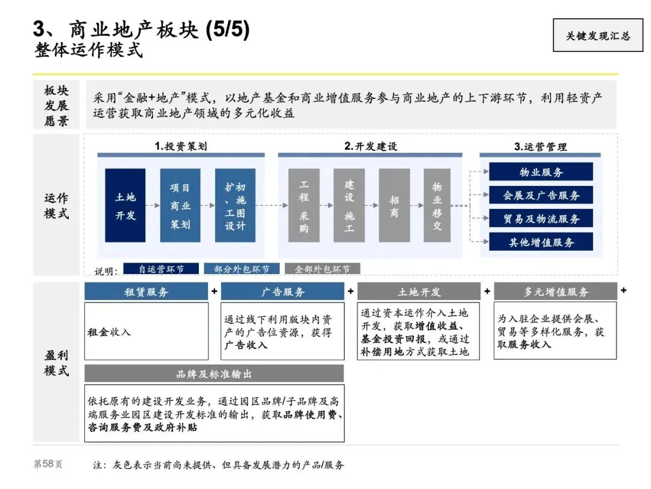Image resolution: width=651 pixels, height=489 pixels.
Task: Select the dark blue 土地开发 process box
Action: [125, 205]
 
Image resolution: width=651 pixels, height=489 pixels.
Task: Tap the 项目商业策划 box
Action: [180, 205]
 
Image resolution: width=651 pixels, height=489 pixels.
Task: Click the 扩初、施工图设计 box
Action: [235, 205]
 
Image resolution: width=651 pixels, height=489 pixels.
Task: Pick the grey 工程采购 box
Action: [303, 205]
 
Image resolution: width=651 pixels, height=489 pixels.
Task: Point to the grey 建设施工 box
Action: [349, 205]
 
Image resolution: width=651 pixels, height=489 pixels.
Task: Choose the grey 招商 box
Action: [394, 205]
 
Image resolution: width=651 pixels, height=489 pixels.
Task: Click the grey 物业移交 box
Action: [437, 205]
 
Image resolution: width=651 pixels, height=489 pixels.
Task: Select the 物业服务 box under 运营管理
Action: [541, 172]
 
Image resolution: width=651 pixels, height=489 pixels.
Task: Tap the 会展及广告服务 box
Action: [541, 195]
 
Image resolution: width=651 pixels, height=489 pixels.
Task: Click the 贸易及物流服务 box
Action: [541, 219]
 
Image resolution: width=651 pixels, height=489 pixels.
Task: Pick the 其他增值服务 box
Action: [541, 242]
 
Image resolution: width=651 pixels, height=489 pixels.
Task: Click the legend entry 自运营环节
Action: [161, 269]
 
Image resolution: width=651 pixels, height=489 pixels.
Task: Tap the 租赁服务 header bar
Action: [146, 292]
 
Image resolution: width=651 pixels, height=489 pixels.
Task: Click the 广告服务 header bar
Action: [283, 292]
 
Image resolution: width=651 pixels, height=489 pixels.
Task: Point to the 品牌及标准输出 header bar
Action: [214, 374]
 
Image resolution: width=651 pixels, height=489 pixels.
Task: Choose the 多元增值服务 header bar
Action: [555, 292]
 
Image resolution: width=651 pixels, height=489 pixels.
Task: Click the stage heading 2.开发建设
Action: [370, 146]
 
